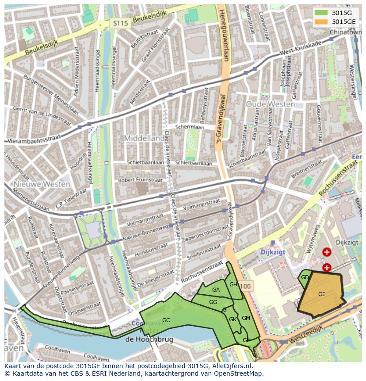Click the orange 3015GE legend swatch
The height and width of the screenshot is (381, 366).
(321, 21)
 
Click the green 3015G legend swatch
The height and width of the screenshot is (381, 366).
(321, 13)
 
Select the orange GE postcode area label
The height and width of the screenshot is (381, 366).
(322, 294)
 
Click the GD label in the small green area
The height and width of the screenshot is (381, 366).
(305, 277)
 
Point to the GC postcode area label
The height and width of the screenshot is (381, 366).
(166, 320)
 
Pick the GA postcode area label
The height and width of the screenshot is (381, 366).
(216, 290)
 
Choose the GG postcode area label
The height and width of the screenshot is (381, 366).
(213, 302)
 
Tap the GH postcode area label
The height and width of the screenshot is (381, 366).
(233, 284)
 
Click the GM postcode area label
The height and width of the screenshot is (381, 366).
(246, 318)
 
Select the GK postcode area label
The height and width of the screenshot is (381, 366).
(233, 319)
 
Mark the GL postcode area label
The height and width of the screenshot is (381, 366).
(246, 340)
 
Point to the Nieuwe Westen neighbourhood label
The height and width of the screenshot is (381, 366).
(42, 184)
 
